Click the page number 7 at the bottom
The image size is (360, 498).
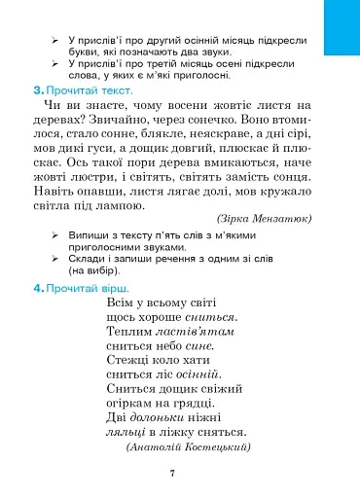[171, 473]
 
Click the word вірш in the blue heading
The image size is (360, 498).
[112, 289]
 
